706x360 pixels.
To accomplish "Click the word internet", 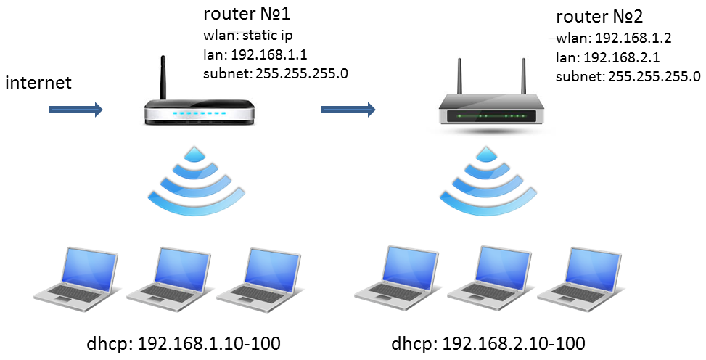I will pyautogui.click(x=38, y=82).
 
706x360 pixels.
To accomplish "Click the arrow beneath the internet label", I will pyautogui.click(x=75, y=110).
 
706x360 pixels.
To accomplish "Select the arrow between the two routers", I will pyautogui.click(x=348, y=110).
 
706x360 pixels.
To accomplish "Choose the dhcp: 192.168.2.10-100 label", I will pyautogui.click(x=488, y=343).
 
